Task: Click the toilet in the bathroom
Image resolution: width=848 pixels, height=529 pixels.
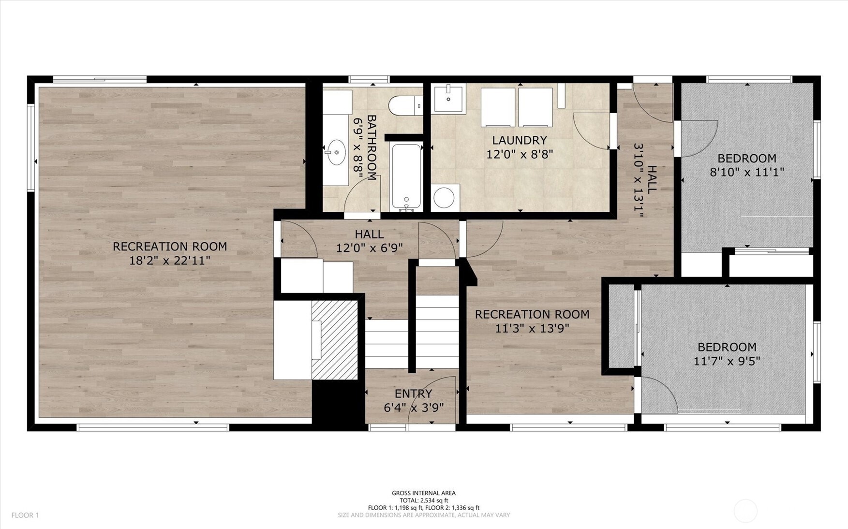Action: point(406,106)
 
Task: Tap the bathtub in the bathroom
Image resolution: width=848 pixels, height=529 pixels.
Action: point(406,177)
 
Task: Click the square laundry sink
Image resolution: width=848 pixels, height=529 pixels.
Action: point(449,99)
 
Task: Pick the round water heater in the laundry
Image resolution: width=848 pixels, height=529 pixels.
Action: point(444,197)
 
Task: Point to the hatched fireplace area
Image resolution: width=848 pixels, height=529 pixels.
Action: point(334,340)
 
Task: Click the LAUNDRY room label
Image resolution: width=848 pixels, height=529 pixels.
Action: point(520,140)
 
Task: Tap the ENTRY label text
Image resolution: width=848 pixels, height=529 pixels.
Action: point(413,394)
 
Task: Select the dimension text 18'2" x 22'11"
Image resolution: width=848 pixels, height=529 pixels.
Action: point(170,261)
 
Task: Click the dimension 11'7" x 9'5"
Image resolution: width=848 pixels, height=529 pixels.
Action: point(727,361)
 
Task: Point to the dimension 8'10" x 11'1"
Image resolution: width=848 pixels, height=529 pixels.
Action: point(747,172)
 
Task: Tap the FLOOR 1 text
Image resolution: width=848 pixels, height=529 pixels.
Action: point(25,515)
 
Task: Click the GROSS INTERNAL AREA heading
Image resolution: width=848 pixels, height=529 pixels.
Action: point(424,493)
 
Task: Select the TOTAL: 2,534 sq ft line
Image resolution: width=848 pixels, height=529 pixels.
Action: point(424,500)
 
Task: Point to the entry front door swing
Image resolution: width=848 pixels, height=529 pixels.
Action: point(432,401)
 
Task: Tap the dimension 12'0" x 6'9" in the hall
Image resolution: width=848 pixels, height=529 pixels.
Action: point(370,249)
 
